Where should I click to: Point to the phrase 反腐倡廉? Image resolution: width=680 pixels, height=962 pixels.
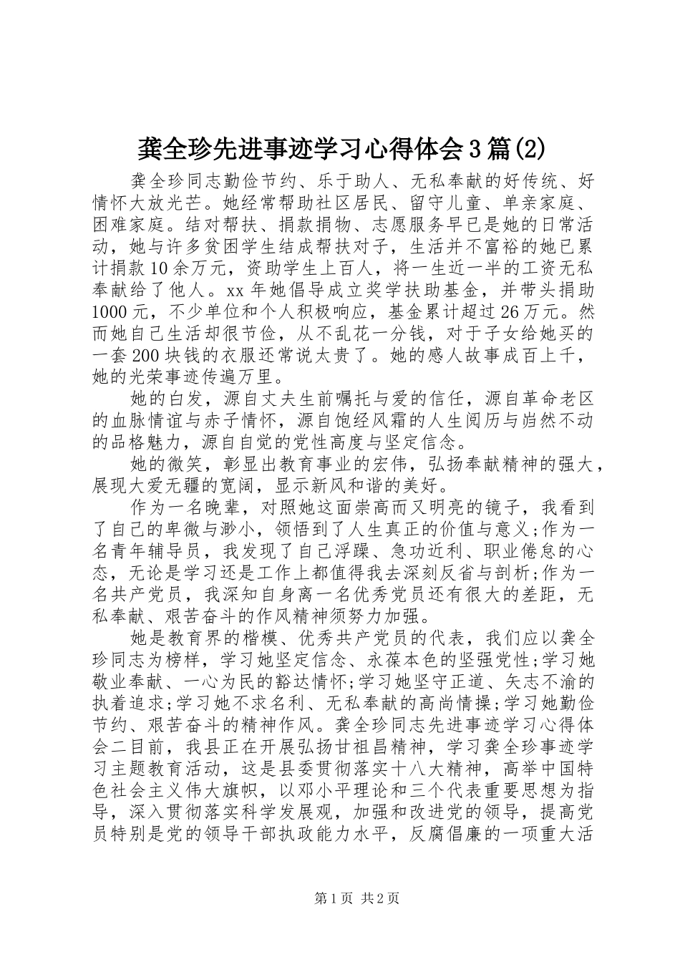[x=458, y=835]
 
